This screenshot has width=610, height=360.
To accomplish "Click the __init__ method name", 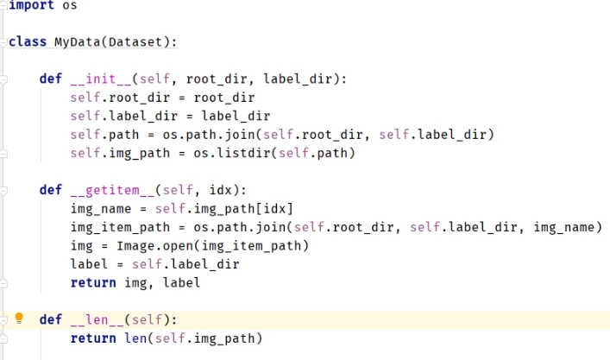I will point(97,79).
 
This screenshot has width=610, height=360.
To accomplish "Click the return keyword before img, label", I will point(92,282).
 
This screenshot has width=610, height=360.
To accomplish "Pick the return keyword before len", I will point(92,338).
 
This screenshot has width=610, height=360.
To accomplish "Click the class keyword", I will point(28,41).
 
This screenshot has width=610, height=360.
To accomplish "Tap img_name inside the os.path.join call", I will point(567,227).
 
